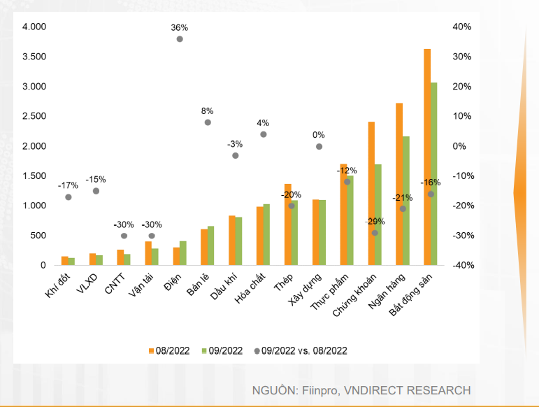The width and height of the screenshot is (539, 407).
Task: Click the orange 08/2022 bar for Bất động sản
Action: point(427,157)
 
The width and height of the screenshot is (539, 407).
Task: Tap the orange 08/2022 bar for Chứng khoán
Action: point(371,194)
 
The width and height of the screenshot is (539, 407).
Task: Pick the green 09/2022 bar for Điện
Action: point(183,253)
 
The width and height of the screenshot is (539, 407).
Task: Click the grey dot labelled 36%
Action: point(180,39)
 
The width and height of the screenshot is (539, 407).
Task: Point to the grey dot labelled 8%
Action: point(208,122)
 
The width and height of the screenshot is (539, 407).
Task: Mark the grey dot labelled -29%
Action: point(375,233)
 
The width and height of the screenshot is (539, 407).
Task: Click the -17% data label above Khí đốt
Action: point(68,185)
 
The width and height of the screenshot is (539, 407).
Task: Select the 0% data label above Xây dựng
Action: point(319,135)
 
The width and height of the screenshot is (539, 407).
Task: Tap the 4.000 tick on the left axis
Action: point(34,27)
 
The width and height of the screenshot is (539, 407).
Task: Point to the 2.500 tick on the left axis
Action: point(34,117)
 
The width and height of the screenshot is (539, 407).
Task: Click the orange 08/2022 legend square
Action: point(150,350)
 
